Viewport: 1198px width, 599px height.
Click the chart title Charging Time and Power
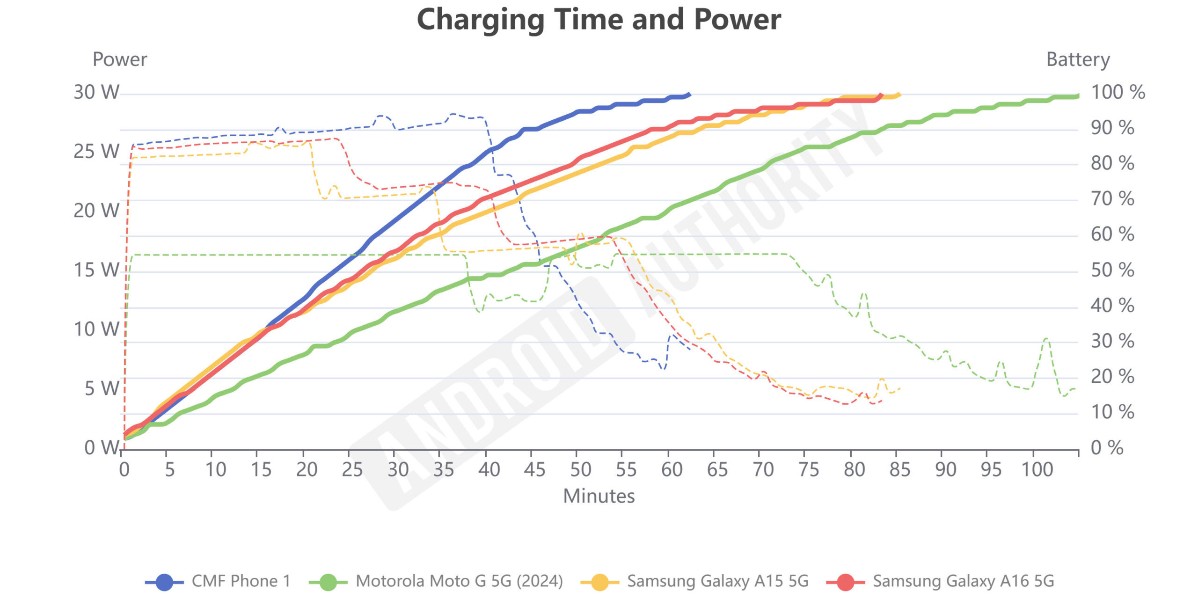(x=599, y=20)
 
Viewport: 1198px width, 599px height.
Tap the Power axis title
(x=120, y=59)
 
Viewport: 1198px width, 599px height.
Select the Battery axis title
(x=1078, y=59)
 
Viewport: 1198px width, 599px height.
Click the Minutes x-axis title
(x=599, y=496)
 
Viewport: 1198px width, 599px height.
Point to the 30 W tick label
(x=96, y=92)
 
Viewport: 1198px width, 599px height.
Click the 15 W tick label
(x=96, y=270)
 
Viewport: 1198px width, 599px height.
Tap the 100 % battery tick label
(x=1118, y=92)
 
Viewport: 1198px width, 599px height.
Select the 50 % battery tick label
(x=1112, y=270)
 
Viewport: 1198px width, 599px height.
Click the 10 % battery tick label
(x=1112, y=412)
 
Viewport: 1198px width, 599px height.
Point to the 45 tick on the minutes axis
(x=534, y=469)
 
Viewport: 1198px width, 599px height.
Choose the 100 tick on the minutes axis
(x=1037, y=469)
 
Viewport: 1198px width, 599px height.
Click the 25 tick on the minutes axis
(x=352, y=469)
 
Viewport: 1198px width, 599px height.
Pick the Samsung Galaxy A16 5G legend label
(x=963, y=581)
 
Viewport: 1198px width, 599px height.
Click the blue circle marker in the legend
(x=164, y=582)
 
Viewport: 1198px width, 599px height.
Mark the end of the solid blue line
(x=689, y=94)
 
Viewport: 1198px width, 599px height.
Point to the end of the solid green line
(x=1078, y=96)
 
